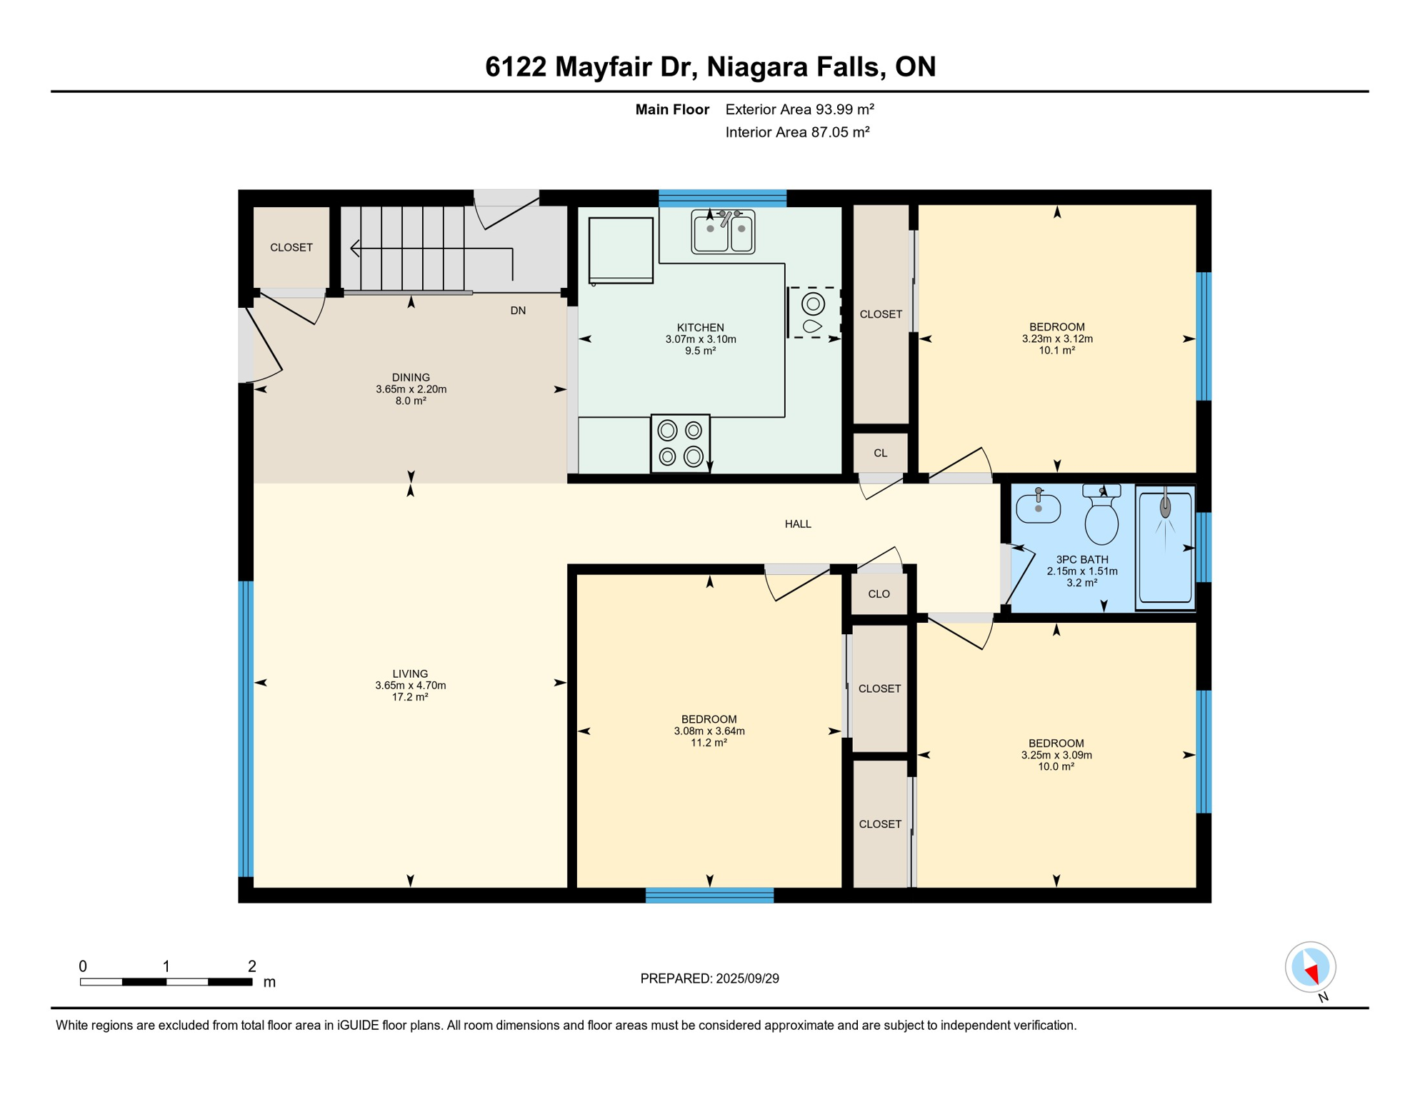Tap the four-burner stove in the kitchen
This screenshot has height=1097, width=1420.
(x=680, y=443)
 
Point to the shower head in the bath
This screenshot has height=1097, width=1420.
(x=1165, y=506)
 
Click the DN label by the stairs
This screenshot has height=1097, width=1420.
(x=518, y=311)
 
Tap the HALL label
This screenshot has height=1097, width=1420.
(x=798, y=524)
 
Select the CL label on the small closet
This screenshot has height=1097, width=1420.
(x=880, y=454)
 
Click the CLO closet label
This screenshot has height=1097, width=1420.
(x=879, y=594)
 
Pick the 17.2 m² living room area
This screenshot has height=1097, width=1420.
(x=410, y=697)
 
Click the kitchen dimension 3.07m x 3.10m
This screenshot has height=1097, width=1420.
(x=701, y=339)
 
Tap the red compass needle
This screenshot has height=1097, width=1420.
(x=1311, y=972)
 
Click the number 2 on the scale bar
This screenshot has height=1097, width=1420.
(x=252, y=966)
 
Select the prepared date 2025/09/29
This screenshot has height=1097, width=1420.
(x=747, y=978)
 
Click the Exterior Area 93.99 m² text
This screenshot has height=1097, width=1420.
(x=800, y=109)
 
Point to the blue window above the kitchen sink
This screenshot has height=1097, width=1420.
(x=722, y=198)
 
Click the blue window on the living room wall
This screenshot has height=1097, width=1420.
(x=246, y=728)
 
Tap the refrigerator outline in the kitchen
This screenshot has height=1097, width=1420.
(x=621, y=250)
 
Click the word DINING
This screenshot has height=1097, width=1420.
(x=411, y=378)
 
